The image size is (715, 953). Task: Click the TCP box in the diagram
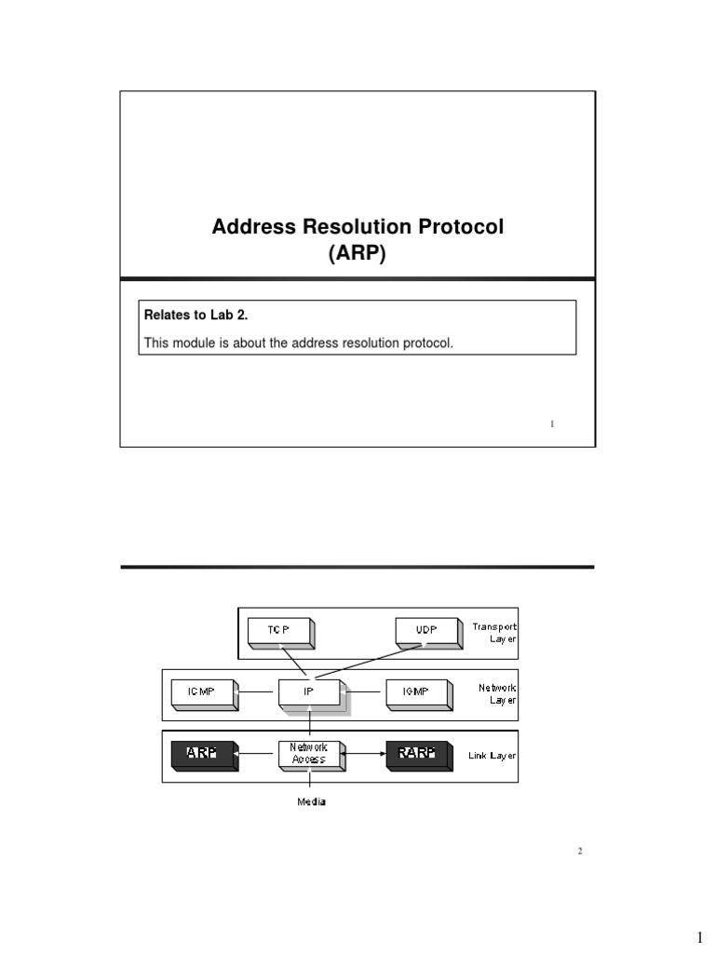[x=278, y=630]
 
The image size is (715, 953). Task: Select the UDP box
[x=425, y=630]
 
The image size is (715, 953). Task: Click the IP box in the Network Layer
[x=309, y=691]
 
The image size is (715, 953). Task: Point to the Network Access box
[x=309, y=753]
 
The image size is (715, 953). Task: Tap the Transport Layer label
[x=493, y=633]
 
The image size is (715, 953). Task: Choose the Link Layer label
[x=492, y=756]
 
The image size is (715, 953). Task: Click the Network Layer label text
[x=497, y=693]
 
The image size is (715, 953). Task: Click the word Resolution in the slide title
[x=358, y=227]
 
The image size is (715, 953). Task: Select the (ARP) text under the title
[x=357, y=253]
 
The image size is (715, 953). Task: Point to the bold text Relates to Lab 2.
[x=189, y=315]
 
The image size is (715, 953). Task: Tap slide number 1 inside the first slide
[x=552, y=423]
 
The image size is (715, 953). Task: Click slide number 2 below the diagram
[x=579, y=851]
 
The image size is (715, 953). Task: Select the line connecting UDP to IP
[x=372, y=662]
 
